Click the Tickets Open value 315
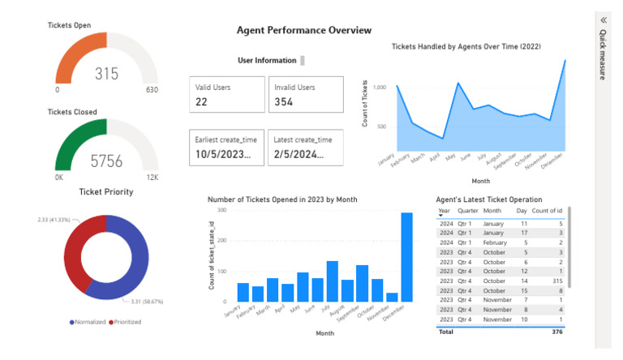pos(106,74)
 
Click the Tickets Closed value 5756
pos(106,161)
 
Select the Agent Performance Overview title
pos(303,30)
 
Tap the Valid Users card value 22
pos(203,101)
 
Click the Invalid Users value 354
pos(283,101)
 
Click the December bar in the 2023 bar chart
pos(406,257)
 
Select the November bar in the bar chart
pos(392,297)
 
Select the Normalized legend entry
pos(88,322)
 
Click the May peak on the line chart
pos(459,84)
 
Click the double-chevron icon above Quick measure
pos(603,20)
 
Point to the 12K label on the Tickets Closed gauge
pos(152,177)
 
